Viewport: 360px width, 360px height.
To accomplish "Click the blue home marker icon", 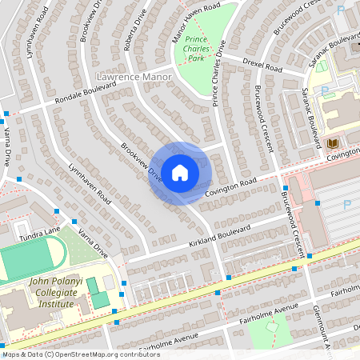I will (x=179, y=173).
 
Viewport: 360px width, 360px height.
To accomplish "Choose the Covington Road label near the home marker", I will (x=230, y=186).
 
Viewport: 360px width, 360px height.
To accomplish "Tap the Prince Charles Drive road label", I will (x=218, y=71).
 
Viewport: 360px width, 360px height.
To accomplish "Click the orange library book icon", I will (x=333, y=142).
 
